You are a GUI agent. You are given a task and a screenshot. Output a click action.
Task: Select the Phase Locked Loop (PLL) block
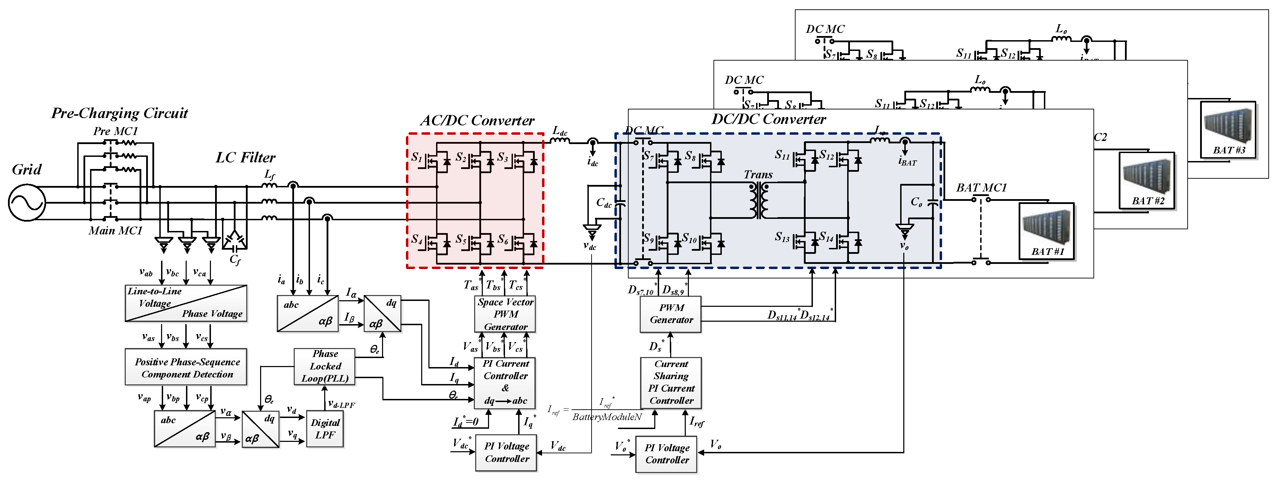tap(325, 366)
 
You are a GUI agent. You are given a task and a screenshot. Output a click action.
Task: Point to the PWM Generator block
tap(671, 314)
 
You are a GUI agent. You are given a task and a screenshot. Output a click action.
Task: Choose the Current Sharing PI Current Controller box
tap(671, 382)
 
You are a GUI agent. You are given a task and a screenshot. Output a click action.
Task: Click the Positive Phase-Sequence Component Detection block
tap(186, 367)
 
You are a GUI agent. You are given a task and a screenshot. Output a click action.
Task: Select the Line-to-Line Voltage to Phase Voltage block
tap(186, 303)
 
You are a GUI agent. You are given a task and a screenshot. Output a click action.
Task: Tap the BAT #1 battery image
tap(1046, 231)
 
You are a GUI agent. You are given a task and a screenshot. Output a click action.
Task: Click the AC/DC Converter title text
tap(477, 121)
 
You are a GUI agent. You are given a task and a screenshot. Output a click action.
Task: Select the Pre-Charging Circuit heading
tap(119, 113)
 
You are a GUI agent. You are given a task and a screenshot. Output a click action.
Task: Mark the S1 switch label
tap(416, 157)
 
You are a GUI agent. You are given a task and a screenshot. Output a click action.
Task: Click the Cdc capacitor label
tap(603, 203)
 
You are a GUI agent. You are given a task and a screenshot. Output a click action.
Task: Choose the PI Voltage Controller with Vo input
tap(666, 454)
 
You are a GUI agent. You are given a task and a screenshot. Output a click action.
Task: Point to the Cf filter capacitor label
tap(235, 259)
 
